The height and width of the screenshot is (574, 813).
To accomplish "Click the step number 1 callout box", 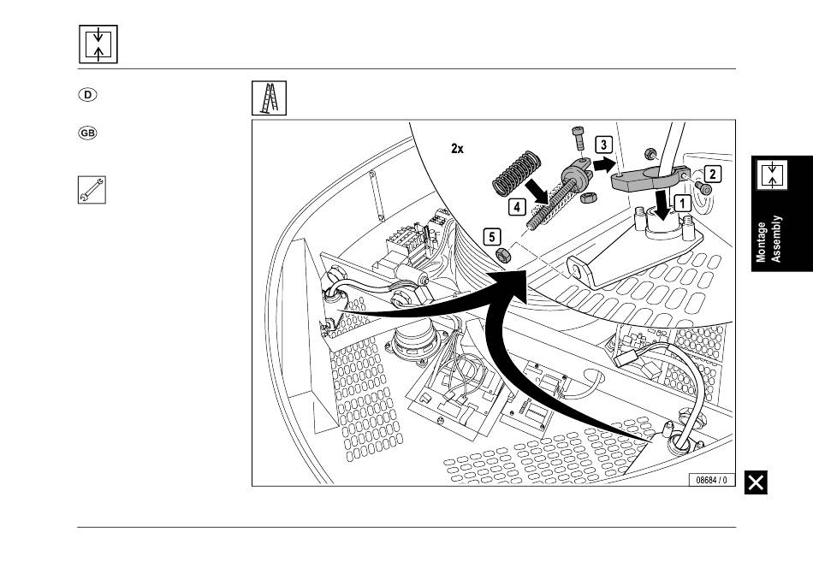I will point(682,203).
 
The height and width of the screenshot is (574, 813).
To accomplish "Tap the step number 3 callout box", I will point(605,145).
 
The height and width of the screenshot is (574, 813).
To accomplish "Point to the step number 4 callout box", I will point(517,206).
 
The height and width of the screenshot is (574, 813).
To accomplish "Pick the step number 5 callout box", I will point(490,234).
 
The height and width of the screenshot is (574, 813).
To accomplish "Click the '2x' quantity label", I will point(457,148).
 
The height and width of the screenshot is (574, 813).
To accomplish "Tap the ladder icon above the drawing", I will point(268,98).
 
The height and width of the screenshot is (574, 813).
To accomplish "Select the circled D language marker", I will point(88,95).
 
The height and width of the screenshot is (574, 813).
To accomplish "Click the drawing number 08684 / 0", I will point(711,480).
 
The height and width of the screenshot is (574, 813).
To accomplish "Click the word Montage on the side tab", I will point(762,242).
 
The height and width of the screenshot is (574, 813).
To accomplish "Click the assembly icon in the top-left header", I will point(98,44).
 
